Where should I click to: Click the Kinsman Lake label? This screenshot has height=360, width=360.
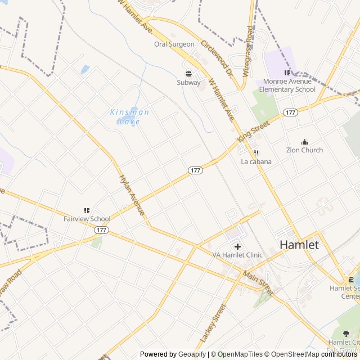click(x=129, y=116)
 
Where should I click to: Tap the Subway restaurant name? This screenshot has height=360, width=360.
click(x=188, y=83)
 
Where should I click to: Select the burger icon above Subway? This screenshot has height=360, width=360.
click(x=188, y=73)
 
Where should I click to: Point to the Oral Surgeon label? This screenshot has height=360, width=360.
click(x=174, y=44)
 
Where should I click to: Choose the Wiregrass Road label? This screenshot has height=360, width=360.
click(x=250, y=42)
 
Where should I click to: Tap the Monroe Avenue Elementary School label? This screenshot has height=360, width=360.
click(x=287, y=85)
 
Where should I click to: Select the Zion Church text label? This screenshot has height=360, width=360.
click(x=304, y=150)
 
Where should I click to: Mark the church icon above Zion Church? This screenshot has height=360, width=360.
click(x=304, y=142)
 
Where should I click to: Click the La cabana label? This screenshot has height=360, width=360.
click(x=256, y=162)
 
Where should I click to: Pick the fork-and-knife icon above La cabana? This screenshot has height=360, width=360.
click(x=256, y=153)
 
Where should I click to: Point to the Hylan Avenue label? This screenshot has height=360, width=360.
click(x=132, y=195)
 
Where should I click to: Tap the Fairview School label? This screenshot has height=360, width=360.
click(x=87, y=219)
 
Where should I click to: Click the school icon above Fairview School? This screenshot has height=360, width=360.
click(x=87, y=210)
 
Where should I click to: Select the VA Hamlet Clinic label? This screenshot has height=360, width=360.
click(x=237, y=255)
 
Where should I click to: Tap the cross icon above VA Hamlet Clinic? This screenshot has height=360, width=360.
click(x=237, y=246)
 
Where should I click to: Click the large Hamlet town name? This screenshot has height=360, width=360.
click(x=299, y=245)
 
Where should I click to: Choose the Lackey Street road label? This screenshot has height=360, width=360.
click(x=213, y=324)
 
